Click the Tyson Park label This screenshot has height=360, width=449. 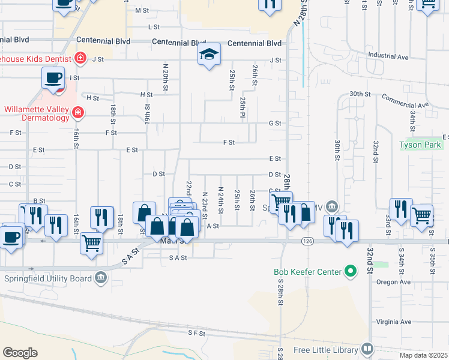click(420, 145)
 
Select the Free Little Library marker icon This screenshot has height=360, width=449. click(367, 349)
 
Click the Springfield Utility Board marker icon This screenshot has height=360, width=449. click(100, 278)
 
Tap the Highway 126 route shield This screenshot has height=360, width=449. click(307, 241)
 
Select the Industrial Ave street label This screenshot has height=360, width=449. click(388, 56)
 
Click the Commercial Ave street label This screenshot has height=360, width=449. click(406, 101)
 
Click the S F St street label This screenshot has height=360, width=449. click(196, 332)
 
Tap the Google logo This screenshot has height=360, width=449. click(20, 353)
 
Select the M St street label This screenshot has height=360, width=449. click(142, 11)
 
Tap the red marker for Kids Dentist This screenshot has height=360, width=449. click(79, 59)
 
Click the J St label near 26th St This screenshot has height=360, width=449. click(275, 60)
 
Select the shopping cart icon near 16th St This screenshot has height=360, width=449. click(91, 243)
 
